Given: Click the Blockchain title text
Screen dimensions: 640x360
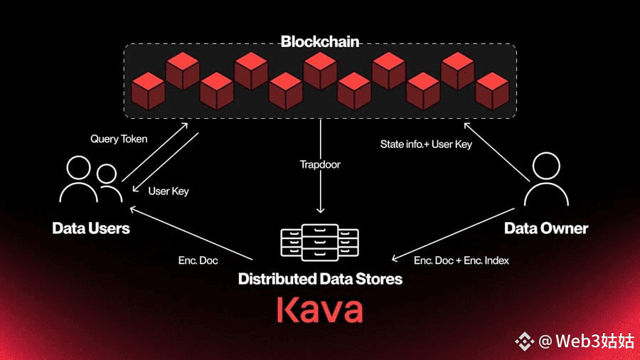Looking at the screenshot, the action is (x=320, y=42).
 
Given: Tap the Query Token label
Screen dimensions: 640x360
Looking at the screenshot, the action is (x=119, y=139).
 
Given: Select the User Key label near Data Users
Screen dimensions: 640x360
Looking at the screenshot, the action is (x=168, y=191).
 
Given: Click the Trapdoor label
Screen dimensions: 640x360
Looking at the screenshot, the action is (x=320, y=164).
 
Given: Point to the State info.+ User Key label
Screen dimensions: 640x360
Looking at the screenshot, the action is (x=426, y=144).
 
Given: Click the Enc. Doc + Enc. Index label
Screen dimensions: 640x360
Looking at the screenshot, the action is (x=462, y=260).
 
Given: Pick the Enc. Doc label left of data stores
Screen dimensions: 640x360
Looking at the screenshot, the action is (x=198, y=260).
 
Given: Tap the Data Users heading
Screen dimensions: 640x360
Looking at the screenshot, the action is (x=91, y=228).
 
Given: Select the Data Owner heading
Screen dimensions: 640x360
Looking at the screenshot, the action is (x=546, y=228).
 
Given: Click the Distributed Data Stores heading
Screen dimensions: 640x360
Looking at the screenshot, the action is (x=321, y=279).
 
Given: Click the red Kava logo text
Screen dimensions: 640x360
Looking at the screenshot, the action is (x=319, y=309).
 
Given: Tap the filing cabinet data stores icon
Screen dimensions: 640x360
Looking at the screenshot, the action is (x=319, y=243).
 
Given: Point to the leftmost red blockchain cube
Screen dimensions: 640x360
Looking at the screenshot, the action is (x=148, y=91).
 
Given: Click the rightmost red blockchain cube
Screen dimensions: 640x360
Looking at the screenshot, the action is (x=492, y=91).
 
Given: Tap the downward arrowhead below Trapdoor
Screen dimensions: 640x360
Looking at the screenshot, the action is (x=321, y=210).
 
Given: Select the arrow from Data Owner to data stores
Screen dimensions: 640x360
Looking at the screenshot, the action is (x=453, y=234).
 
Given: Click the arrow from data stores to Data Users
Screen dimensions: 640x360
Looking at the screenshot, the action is (x=191, y=233).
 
